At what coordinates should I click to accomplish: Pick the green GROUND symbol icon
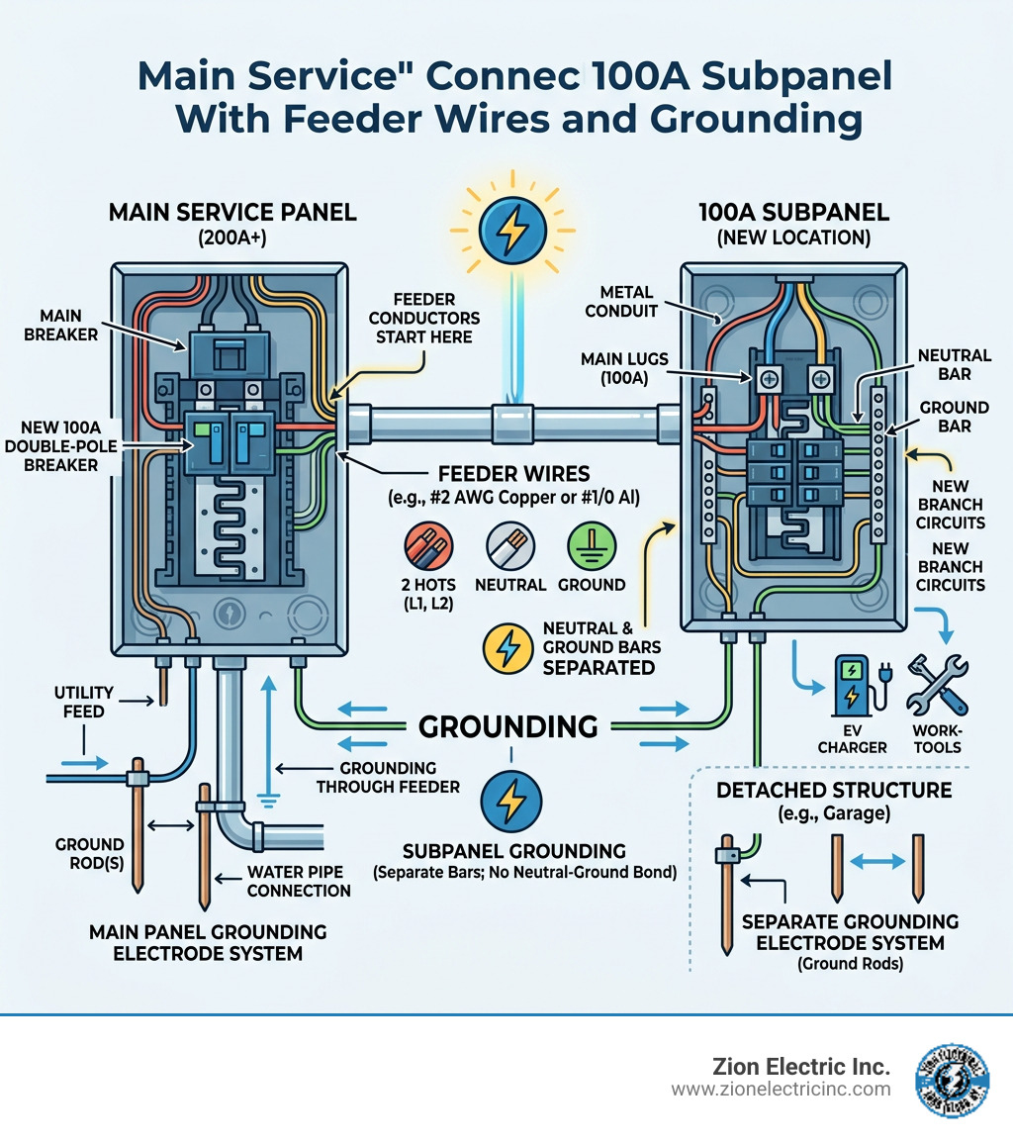(x=591, y=547)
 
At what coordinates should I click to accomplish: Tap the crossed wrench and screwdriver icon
(x=936, y=684)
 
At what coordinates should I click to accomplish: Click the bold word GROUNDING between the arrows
(x=508, y=726)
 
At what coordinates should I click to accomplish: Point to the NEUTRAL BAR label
(x=953, y=366)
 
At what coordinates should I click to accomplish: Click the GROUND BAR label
(x=954, y=417)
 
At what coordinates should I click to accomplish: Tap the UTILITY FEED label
(x=85, y=702)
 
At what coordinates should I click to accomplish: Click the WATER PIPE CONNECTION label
(x=299, y=882)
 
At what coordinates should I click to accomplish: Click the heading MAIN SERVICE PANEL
(x=232, y=213)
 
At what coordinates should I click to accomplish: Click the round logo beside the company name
(x=956, y=1080)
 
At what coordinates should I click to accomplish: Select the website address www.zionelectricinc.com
(x=781, y=1090)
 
